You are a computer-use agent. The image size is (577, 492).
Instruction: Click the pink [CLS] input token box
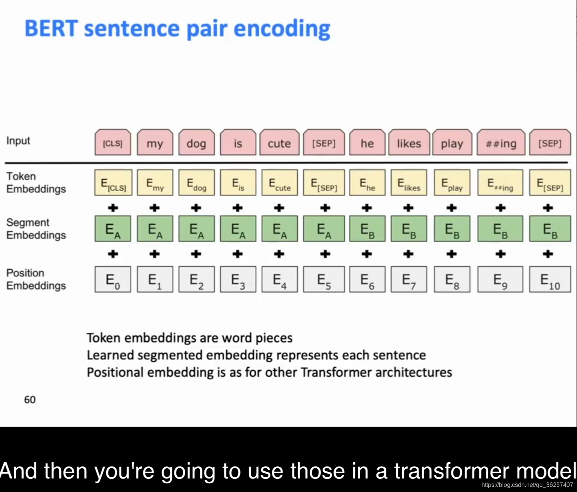(x=113, y=142)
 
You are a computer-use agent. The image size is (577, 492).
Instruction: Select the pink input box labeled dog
(x=197, y=142)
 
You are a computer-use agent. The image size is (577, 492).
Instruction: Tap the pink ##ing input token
(x=501, y=142)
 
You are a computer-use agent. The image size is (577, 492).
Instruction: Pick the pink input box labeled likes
(x=409, y=142)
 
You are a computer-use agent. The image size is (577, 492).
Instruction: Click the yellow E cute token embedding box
(x=279, y=183)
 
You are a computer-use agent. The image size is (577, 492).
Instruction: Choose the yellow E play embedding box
(x=452, y=183)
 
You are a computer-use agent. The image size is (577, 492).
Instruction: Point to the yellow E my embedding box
(x=155, y=183)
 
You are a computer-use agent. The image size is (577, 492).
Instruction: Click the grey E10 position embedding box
(x=550, y=279)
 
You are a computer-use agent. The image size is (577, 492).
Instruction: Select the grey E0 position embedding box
(x=113, y=279)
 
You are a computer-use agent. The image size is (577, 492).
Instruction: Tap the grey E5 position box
(x=324, y=279)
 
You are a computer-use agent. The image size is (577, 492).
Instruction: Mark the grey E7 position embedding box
(x=409, y=279)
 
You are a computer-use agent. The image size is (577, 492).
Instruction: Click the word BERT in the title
(x=51, y=28)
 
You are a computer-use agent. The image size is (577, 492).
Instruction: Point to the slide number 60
(x=30, y=400)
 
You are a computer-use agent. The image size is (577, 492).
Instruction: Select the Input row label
(x=18, y=140)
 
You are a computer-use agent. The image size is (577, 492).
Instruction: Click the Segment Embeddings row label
(x=36, y=229)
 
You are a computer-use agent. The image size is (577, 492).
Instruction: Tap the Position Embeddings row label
(x=36, y=279)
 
